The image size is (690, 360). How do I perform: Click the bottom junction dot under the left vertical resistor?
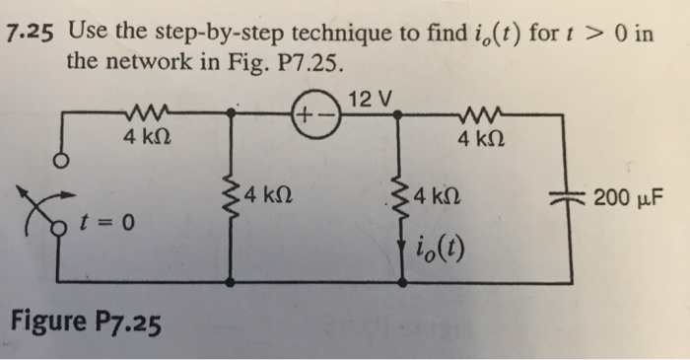pos(231,281)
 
